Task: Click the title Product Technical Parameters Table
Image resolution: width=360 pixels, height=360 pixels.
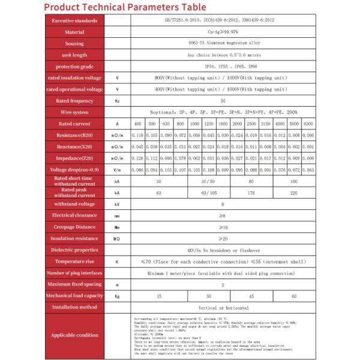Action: click(125, 7)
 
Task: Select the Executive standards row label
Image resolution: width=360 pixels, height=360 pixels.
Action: click(74, 20)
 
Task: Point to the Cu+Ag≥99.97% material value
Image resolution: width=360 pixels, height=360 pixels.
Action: click(223, 32)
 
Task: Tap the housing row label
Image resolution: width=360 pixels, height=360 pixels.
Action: click(74, 44)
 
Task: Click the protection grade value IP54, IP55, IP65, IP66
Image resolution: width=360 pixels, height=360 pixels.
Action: click(223, 66)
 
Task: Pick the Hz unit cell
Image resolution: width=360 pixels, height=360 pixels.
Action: click(117, 101)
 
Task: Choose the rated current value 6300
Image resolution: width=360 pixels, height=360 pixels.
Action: click(308, 124)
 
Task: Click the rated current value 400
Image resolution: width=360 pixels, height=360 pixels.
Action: click(137, 124)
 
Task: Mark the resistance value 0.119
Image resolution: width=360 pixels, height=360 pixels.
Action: click(137, 136)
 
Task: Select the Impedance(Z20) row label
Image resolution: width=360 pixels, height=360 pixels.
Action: click(74, 158)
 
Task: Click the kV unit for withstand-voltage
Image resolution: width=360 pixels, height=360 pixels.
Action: click(117, 204)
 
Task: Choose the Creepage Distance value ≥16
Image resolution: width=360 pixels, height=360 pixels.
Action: click(223, 227)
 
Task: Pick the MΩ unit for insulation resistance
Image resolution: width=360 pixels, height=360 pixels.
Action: click(117, 238)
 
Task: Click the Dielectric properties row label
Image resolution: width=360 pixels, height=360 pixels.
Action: click(74, 250)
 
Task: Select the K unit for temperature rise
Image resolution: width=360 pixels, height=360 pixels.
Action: click(117, 262)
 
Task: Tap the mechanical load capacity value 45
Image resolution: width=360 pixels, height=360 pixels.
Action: click(251, 296)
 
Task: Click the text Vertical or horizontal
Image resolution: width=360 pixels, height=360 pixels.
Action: click(223, 307)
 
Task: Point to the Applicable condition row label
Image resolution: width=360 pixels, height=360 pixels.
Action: click(74, 335)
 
